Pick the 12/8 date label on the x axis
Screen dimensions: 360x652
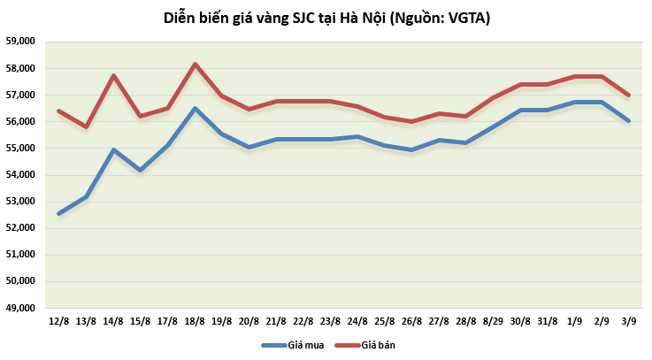pyautogui.click(x=59, y=320)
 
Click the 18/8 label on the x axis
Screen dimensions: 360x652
pyautogui.click(x=195, y=320)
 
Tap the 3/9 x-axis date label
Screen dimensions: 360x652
pyautogui.click(x=629, y=320)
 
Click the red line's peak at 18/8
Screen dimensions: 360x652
pyautogui.click(x=195, y=64)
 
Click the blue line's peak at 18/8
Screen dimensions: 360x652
pyautogui.click(x=195, y=109)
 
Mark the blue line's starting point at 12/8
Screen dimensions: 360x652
pyautogui.click(x=59, y=213)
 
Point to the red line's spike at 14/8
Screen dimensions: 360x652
pyautogui.click(x=113, y=75)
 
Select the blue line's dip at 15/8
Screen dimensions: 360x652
pyautogui.click(x=141, y=170)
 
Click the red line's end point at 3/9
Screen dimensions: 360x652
pyautogui.click(x=629, y=95)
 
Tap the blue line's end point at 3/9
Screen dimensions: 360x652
pyautogui.click(x=629, y=120)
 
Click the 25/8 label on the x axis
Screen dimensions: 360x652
pyautogui.click(x=385, y=320)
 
